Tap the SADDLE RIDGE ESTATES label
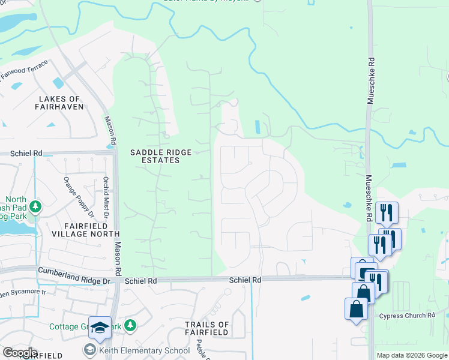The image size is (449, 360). (x=155, y=157)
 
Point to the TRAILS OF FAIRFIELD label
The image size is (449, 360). (x=206, y=328)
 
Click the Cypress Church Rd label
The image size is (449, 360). (x=407, y=316)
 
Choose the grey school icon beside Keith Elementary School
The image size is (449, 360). (x=90, y=350)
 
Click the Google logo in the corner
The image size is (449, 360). (x=20, y=353)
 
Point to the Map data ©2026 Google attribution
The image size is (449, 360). (x=411, y=355)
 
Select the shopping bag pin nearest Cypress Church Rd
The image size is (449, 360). (x=356, y=310)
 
